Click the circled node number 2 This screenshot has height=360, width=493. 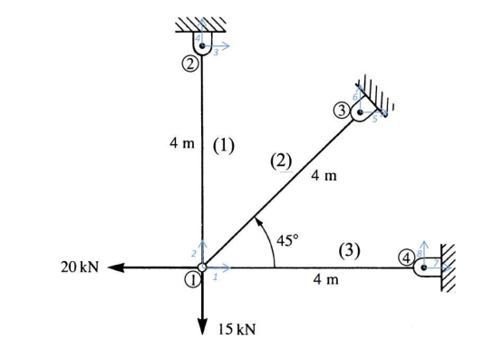click(188, 63)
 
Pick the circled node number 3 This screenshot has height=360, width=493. click(342, 111)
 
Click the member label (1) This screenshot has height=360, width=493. click(223, 145)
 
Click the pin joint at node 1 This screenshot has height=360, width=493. click(202, 268)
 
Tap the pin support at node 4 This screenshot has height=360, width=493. click(423, 267)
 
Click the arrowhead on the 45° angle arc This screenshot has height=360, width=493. click(257, 220)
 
